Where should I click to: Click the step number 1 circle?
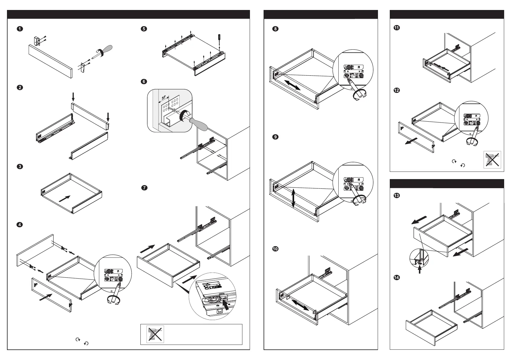coord(19,29)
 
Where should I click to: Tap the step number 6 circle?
coord(144,82)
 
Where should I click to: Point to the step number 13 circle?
coord(396,196)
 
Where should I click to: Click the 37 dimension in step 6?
coord(164,98)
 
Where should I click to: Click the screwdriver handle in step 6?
coord(198,124)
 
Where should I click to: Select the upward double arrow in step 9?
coord(293,198)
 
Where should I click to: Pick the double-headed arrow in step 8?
coord(292,85)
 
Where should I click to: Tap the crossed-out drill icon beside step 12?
coord(492,160)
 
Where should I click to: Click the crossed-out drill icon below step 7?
coord(155,334)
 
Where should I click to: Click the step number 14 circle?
coord(396,277)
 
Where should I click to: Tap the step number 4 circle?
coord(19,225)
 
